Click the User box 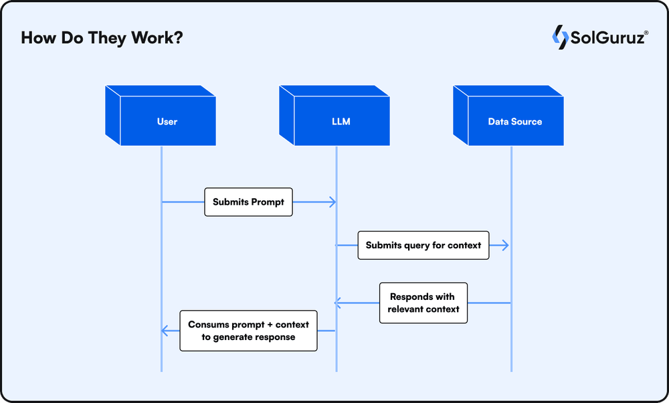[161, 116]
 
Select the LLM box [334, 116]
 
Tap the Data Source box [508, 116]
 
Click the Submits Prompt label [248, 202]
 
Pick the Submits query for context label [423, 246]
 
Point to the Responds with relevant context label [423, 303]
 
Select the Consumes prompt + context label [248, 331]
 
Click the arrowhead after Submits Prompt [332, 202]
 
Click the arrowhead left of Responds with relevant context [338, 303]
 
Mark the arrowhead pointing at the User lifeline [165, 331]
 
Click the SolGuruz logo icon [560, 37]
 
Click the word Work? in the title [157, 37]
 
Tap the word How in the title [38, 37]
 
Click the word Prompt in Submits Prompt [267, 202]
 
